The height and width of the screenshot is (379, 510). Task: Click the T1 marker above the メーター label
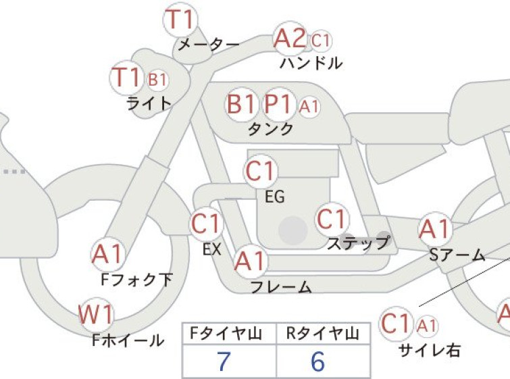pyautogui.click(x=180, y=20)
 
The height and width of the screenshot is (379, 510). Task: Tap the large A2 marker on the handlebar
pyautogui.click(x=290, y=39)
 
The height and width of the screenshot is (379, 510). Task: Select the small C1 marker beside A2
pyautogui.click(x=321, y=41)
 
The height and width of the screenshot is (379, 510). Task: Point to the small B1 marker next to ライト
pyautogui.click(x=157, y=80)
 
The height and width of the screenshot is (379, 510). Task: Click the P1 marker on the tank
pyautogui.click(x=278, y=105)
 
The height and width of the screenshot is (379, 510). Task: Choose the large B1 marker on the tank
pyautogui.click(x=241, y=105)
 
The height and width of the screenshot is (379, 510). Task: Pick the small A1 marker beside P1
pyautogui.click(x=309, y=106)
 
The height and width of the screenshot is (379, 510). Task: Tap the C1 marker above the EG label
pyautogui.click(x=260, y=172)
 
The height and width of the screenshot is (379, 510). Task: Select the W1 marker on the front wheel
pyautogui.click(x=96, y=315)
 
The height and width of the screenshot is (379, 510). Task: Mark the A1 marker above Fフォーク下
pyautogui.click(x=107, y=254)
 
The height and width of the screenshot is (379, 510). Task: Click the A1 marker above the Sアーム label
pyautogui.click(x=435, y=229)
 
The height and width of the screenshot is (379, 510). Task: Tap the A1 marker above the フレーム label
pyautogui.click(x=251, y=261)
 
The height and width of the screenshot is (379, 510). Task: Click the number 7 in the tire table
pyautogui.click(x=223, y=361)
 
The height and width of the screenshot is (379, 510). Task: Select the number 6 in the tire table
pyautogui.click(x=317, y=361)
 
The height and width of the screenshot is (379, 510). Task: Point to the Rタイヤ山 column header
pyautogui.click(x=323, y=334)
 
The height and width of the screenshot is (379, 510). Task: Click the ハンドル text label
pyautogui.click(x=311, y=63)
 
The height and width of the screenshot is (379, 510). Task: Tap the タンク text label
pyautogui.click(x=271, y=129)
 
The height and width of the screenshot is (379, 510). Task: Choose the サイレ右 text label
pyautogui.click(x=430, y=351)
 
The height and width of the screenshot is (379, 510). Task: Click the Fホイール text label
pyautogui.click(x=128, y=340)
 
